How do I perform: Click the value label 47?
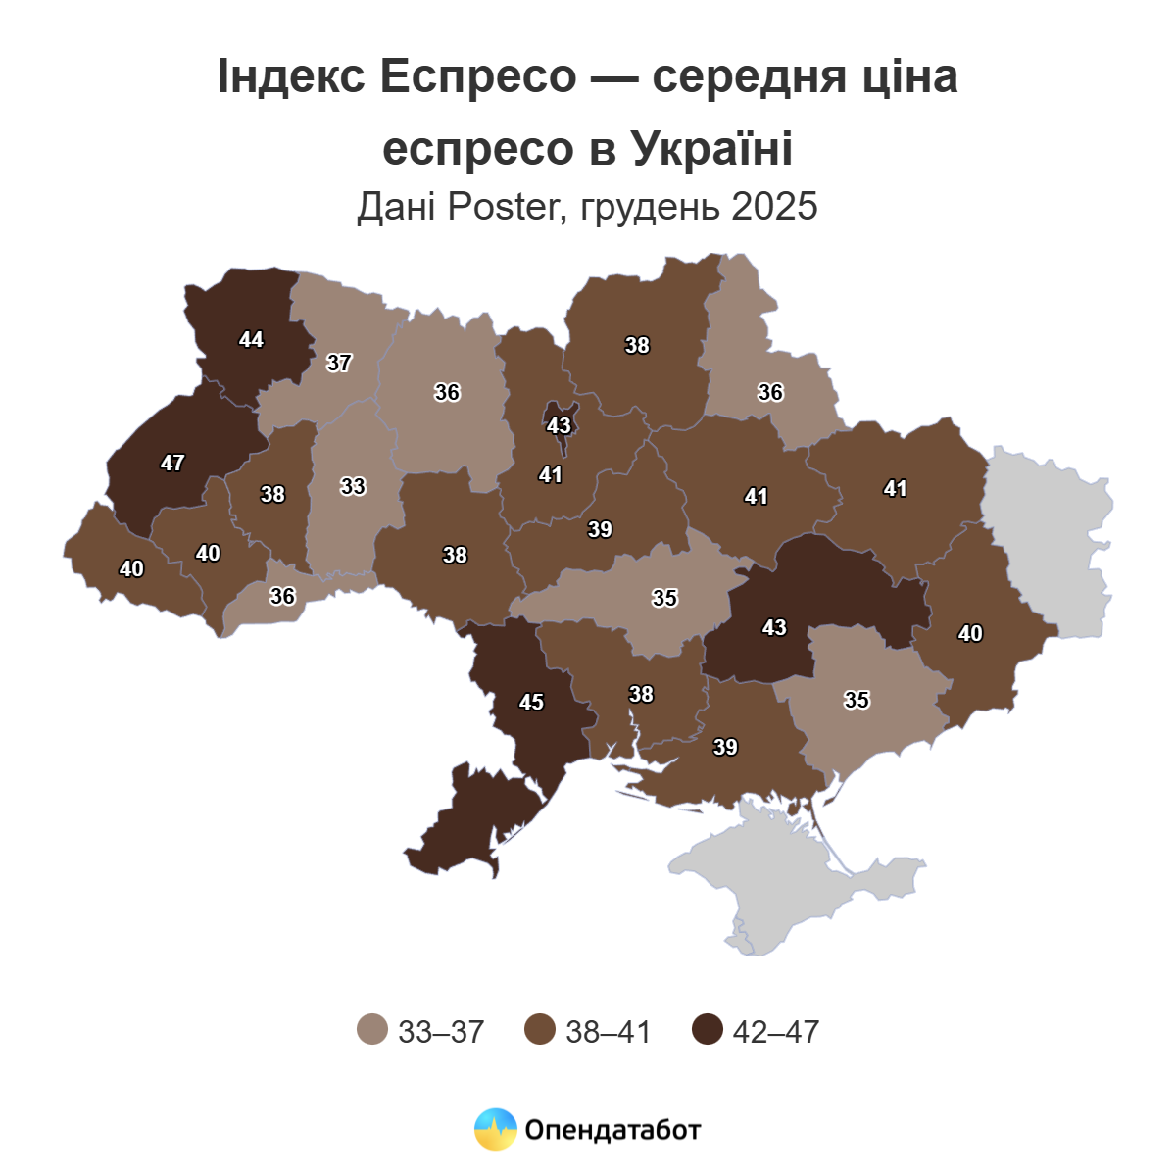coord(172,463)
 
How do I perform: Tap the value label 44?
coord(251,339)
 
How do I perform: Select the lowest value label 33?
coord(353,486)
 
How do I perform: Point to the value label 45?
coord(531,703)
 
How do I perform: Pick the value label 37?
coord(339,363)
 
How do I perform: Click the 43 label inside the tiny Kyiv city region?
coord(559,426)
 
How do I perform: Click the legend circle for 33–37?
coord(373,1030)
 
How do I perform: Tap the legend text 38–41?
coord(608,1031)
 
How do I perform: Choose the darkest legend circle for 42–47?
coord(707,1030)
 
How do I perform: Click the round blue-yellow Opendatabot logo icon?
coord(495,1129)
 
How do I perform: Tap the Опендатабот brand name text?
coord(613,1130)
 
